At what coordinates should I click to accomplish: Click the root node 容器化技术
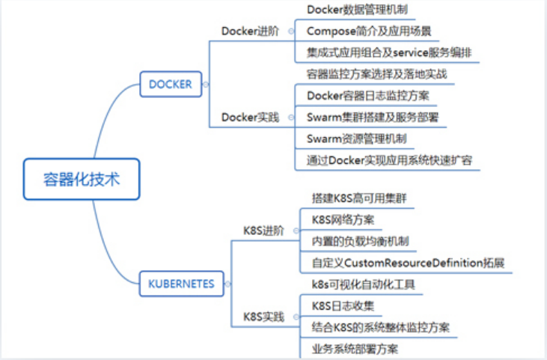tap(82, 179)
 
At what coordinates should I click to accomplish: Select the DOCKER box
tap(170, 85)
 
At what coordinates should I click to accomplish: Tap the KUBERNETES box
tap(180, 284)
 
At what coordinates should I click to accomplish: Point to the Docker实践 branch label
tap(250, 117)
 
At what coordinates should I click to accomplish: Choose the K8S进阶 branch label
tap(264, 230)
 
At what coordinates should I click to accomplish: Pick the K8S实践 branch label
tap(264, 317)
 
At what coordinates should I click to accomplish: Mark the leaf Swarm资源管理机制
tap(357, 138)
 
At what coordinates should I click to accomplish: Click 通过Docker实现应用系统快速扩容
tap(389, 160)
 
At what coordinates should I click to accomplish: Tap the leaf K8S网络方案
tap(343, 219)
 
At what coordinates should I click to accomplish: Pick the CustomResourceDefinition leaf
tap(408, 263)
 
